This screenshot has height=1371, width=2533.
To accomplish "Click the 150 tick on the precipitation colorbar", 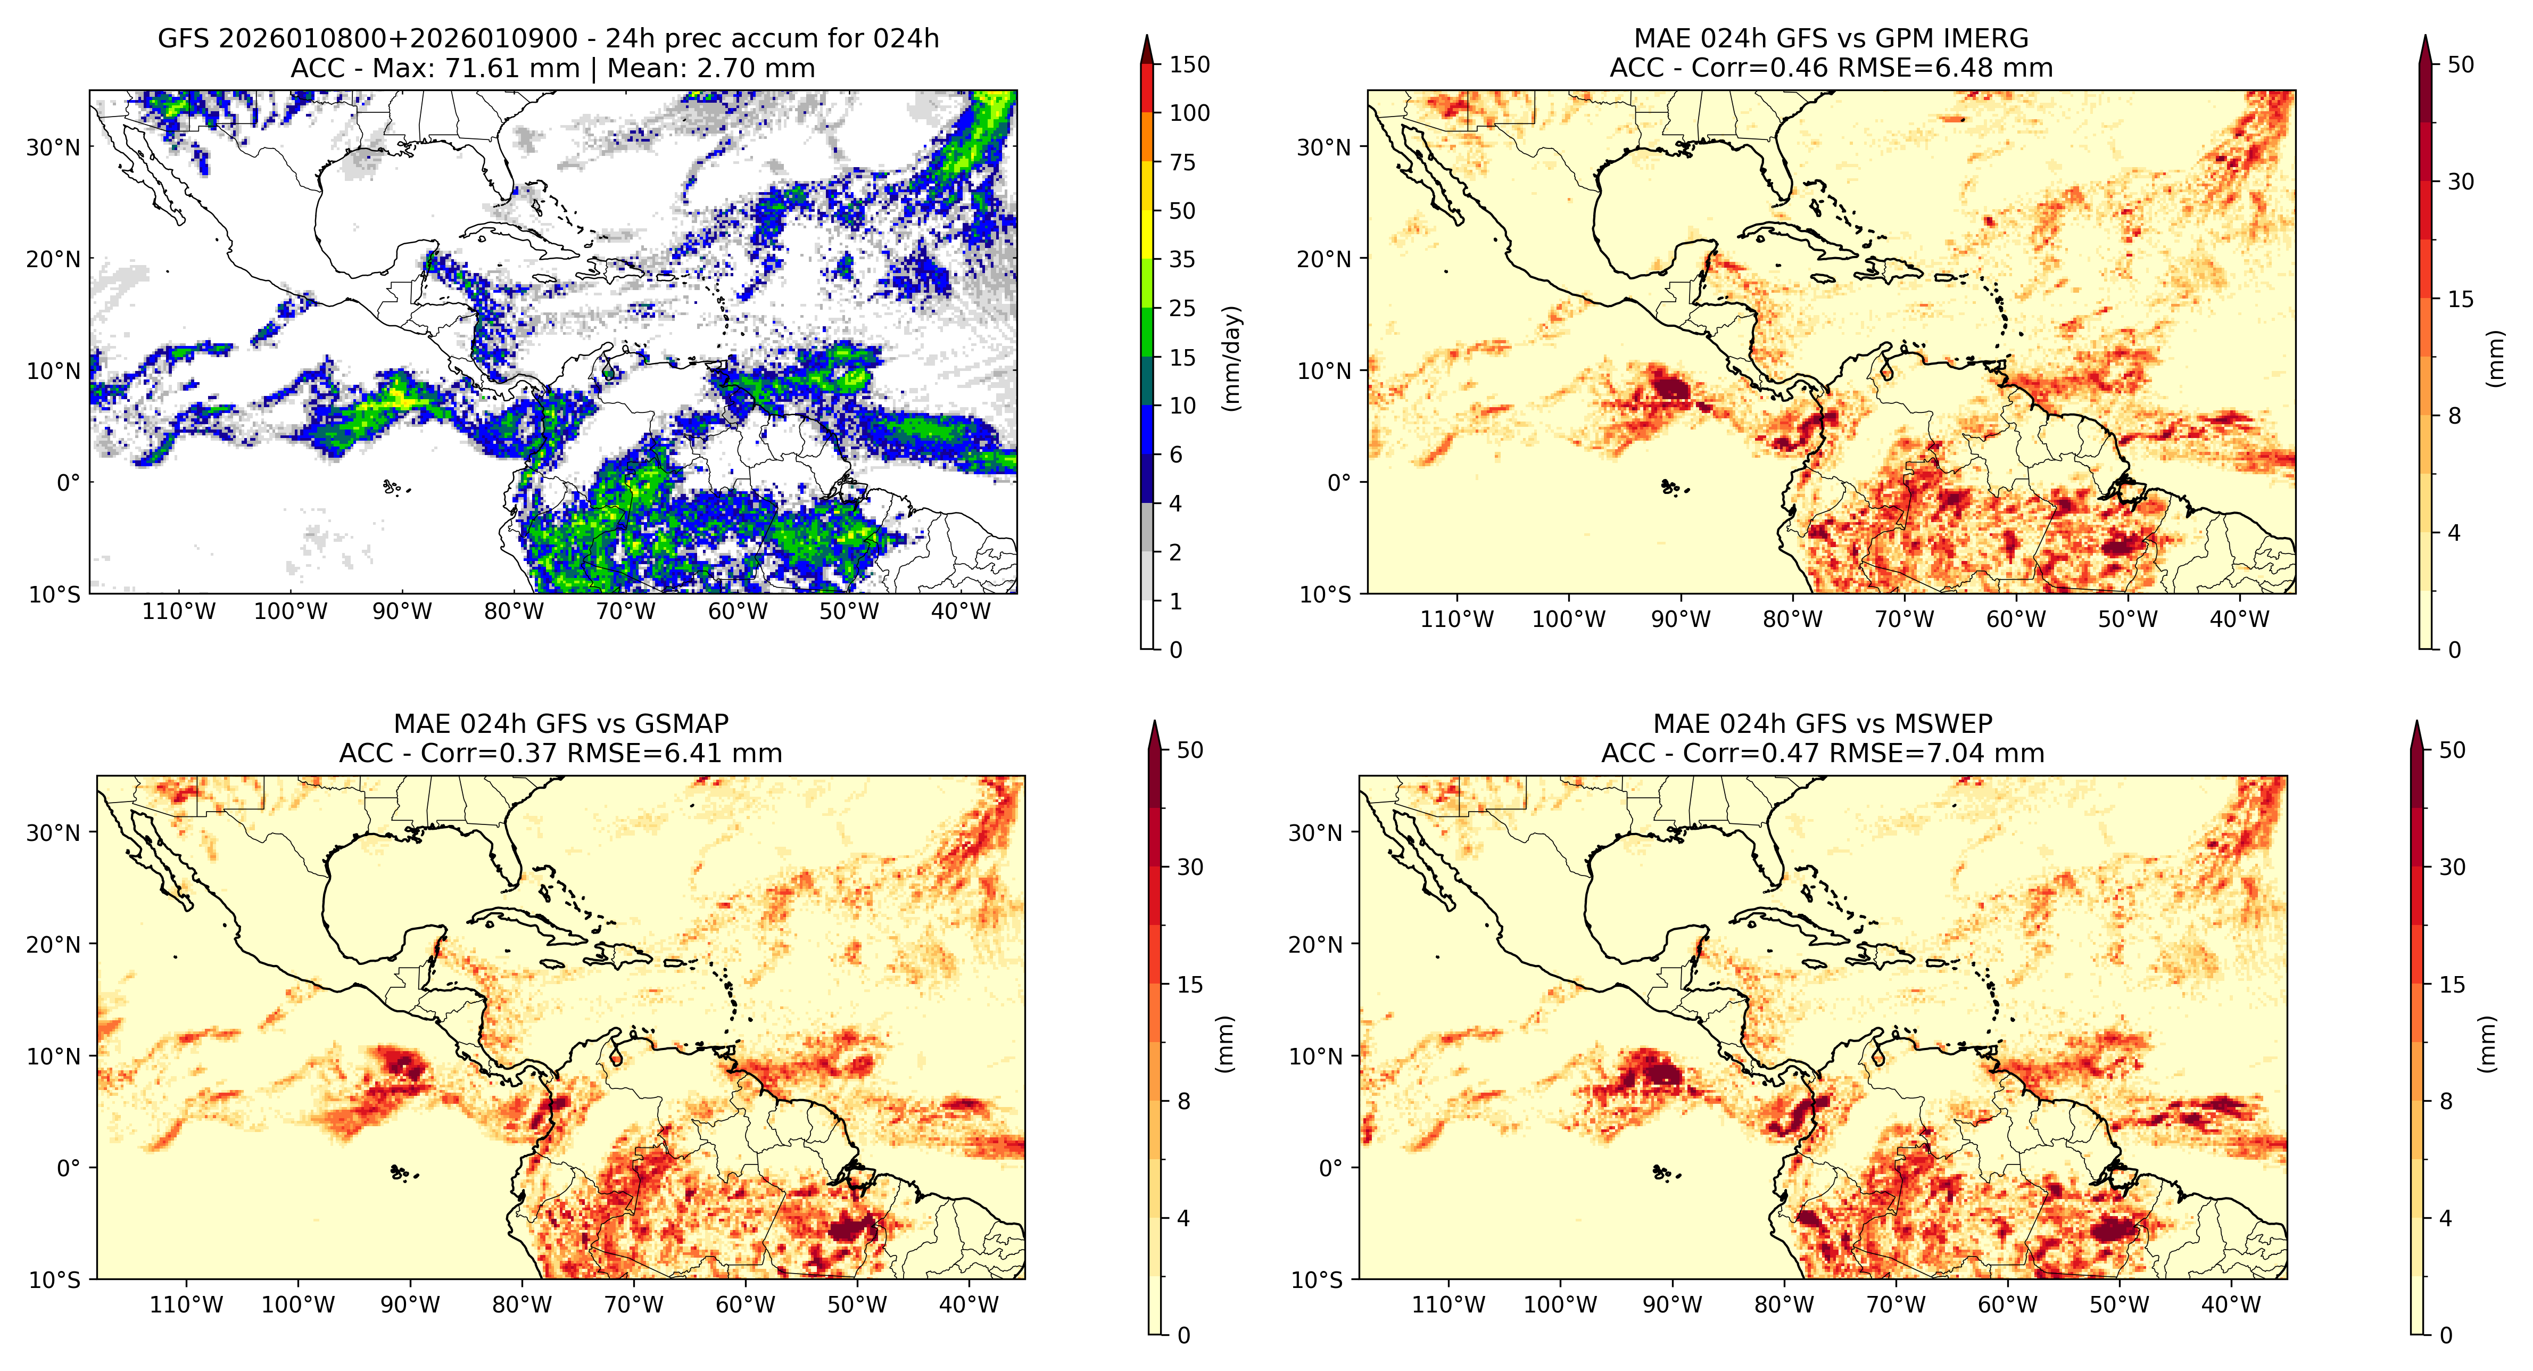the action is pos(1189,65).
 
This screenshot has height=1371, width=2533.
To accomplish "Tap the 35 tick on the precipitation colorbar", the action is pos(1182,260).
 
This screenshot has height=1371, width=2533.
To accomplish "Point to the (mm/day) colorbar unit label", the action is pos(1231,359).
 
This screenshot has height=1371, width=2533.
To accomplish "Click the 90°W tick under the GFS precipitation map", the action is pos(402,612).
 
